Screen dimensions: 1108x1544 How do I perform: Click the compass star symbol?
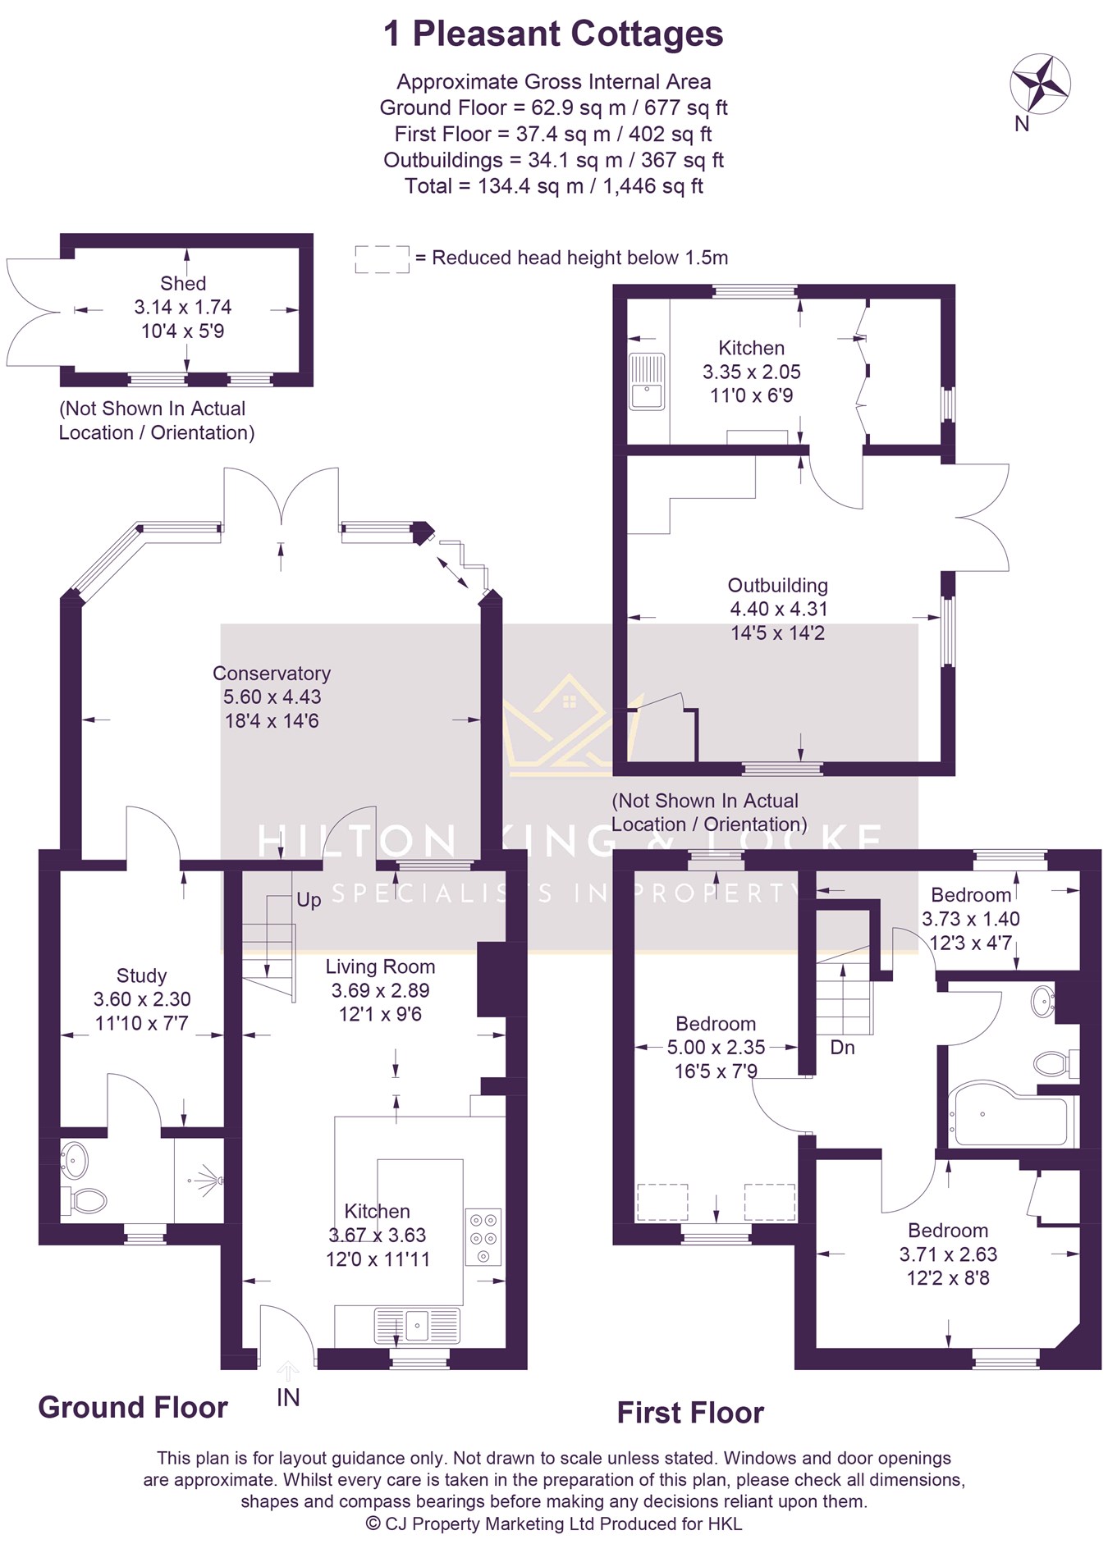click(x=1040, y=82)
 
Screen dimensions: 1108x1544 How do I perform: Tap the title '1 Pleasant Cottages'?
click(x=553, y=34)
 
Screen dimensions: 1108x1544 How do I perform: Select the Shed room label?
click(x=183, y=284)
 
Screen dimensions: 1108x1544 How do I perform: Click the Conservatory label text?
click(x=272, y=674)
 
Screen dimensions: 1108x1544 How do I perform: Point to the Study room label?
click(x=141, y=975)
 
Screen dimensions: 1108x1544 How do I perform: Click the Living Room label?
click(x=380, y=966)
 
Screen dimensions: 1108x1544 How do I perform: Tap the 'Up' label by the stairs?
click(x=309, y=900)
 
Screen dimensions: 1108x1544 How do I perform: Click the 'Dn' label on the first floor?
click(x=842, y=1048)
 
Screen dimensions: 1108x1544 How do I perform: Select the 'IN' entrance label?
click(x=288, y=1398)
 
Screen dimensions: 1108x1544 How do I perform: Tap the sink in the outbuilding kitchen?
click(x=647, y=381)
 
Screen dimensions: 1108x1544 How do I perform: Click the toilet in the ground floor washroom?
click(x=85, y=1201)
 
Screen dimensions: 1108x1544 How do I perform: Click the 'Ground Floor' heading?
click(x=133, y=1408)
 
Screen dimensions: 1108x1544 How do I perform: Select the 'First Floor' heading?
click(x=690, y=1413)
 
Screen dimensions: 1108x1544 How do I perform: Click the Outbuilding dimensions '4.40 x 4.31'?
click(x=778, y=610)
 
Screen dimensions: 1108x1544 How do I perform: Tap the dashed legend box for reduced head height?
click(x=382, y=259)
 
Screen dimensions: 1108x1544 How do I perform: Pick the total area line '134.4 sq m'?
click(x=553, y=186)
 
